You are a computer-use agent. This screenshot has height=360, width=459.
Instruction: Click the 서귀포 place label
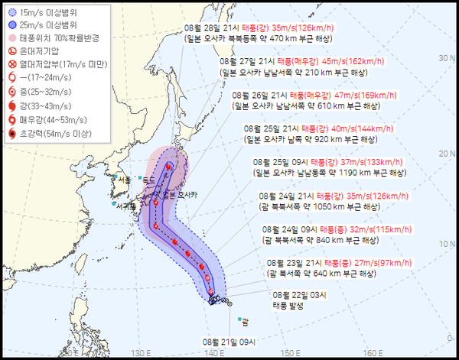pos(124,206)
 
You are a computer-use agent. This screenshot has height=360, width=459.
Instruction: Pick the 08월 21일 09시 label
pos(232,341)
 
